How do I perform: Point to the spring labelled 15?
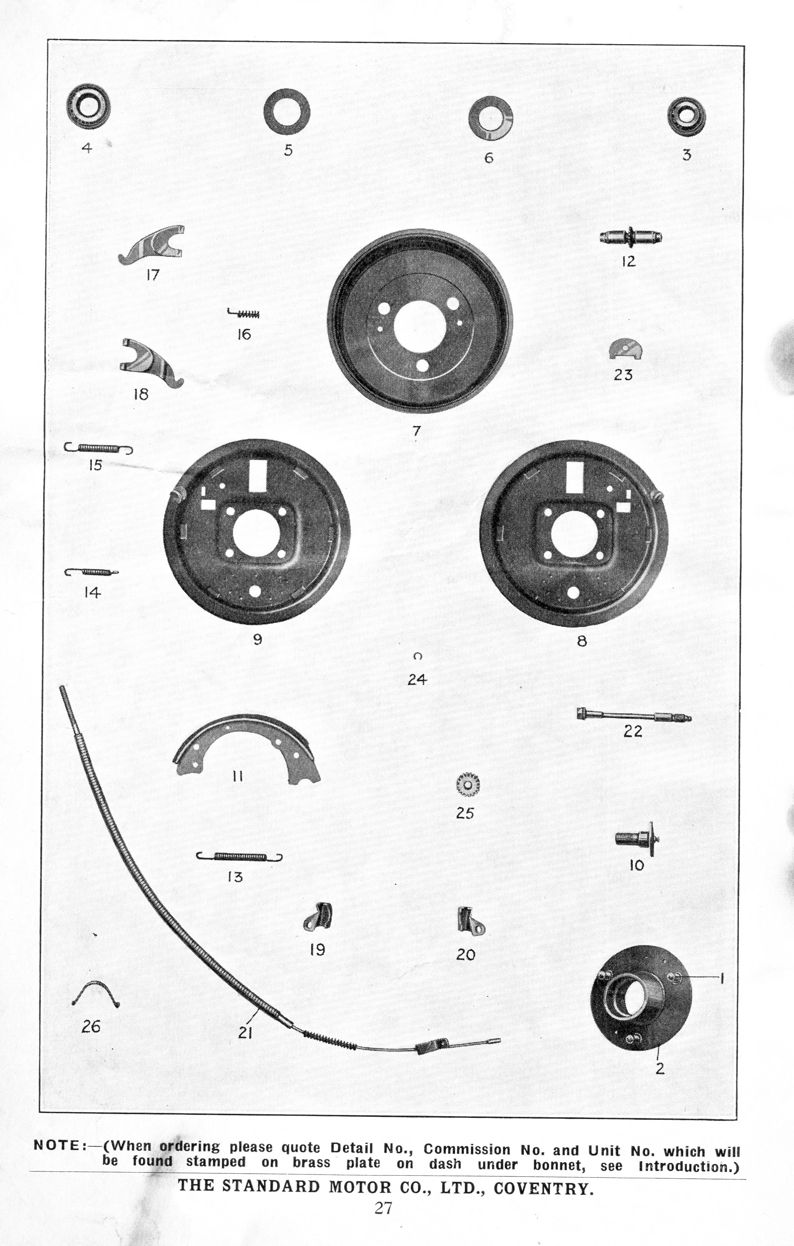pos(98,448)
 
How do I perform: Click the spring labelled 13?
pos(239,857)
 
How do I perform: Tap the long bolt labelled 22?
pos(632,716)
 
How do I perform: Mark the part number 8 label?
pos(582,641)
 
